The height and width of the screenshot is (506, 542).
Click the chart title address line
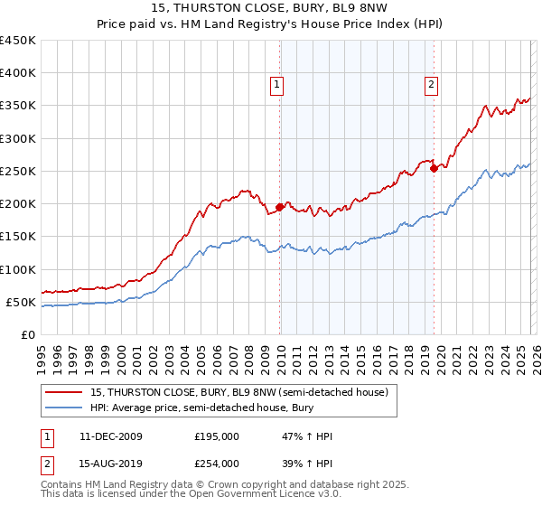[271, 9]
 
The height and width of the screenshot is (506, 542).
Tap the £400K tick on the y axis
[18, 73]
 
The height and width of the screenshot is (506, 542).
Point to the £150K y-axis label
[18, 237]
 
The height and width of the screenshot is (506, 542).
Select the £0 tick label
[28, 334]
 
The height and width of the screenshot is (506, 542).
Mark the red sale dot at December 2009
[279, 207]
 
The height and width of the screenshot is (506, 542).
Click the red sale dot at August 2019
[434, 168]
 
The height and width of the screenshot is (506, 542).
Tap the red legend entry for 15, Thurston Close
[239, 392]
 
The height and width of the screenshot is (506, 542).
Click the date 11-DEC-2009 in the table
[110, 436]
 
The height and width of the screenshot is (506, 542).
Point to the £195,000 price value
[217, 436]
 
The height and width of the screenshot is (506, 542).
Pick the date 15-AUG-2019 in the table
[110, 463]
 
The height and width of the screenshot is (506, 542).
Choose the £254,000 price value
[217, 463]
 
